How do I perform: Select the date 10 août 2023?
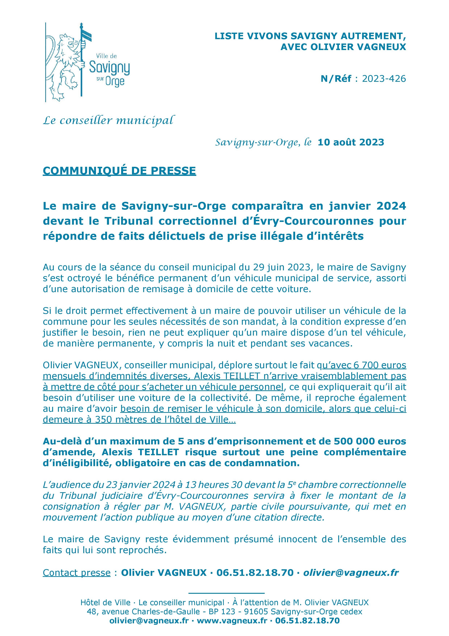351,142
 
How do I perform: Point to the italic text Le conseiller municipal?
108,121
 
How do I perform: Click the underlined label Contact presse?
77,573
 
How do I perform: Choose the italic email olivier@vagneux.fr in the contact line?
351,573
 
